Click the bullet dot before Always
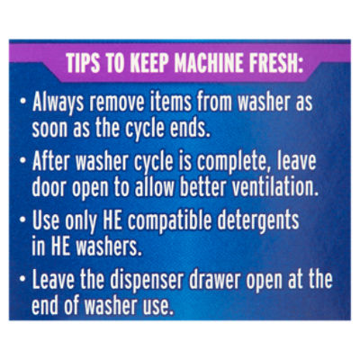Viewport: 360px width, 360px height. click(22, 101)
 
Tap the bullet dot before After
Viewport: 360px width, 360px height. click(22, 160)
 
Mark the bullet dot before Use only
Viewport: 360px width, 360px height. click(22, 219)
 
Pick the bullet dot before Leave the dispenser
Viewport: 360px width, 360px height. click(22, 278)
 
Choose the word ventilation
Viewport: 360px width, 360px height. click(275, 187)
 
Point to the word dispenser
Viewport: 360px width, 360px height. click(147, 281)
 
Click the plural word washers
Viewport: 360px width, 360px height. click(109, 247)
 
